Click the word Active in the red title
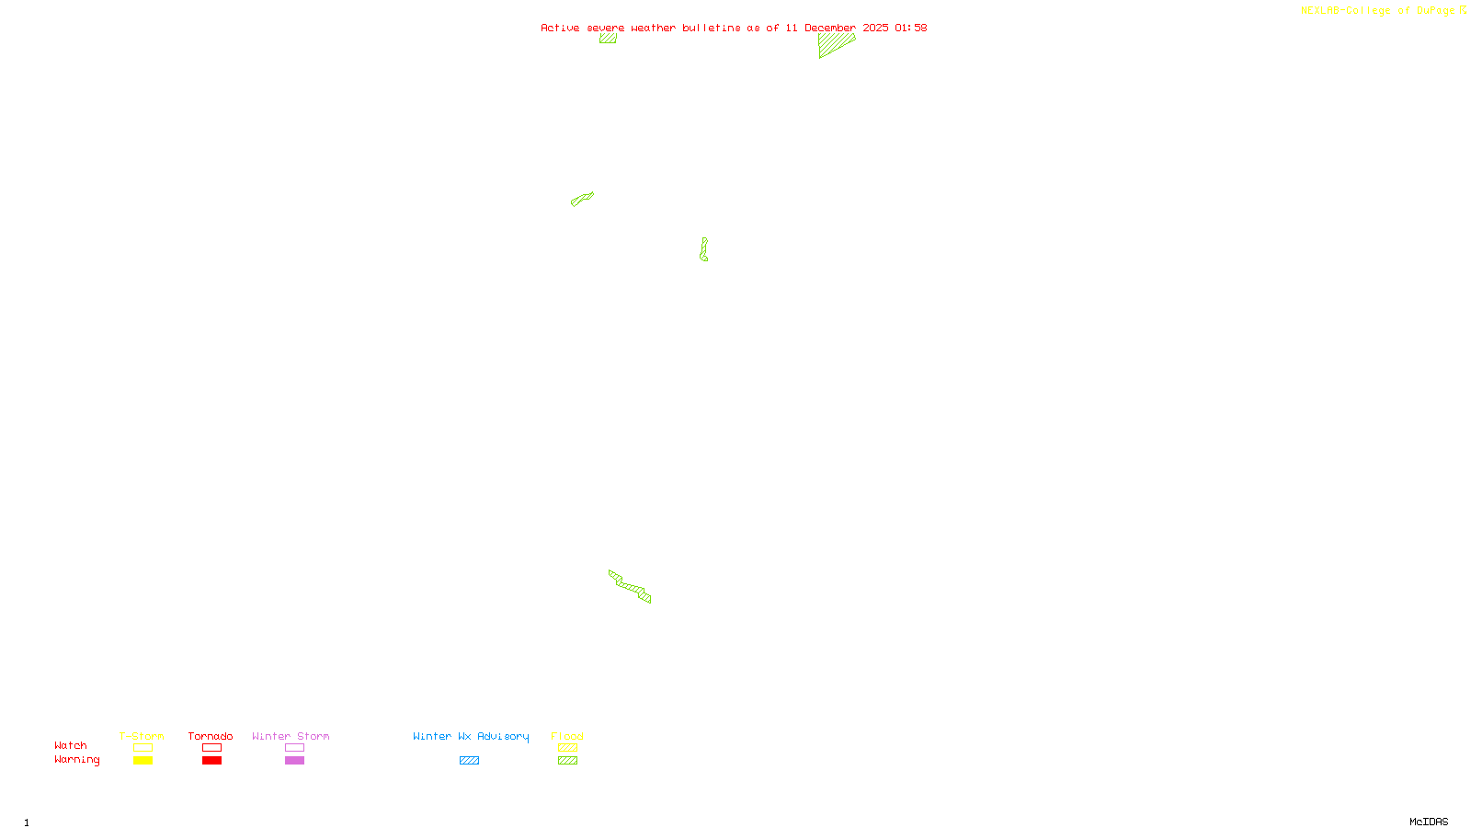tap(560, 28)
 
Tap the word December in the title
tap(830, 28)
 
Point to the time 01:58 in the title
tap(910, 28)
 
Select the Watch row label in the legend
tap(71, 745)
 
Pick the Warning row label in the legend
tap(76, 760)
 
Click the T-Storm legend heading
tap(142, 736)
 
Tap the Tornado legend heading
tap(211, 736)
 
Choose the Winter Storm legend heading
tap(291, 736)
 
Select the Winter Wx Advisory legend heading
tap(471, 736)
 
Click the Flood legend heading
tap(567, 736)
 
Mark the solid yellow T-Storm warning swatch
tap(143, 761)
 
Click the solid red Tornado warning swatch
tap(212, 761)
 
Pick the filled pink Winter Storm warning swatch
tap(294, 761)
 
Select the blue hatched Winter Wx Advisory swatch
tap(469, 761)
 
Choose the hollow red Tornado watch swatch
tap(212, 748)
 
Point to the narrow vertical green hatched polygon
tap(703, 249)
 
